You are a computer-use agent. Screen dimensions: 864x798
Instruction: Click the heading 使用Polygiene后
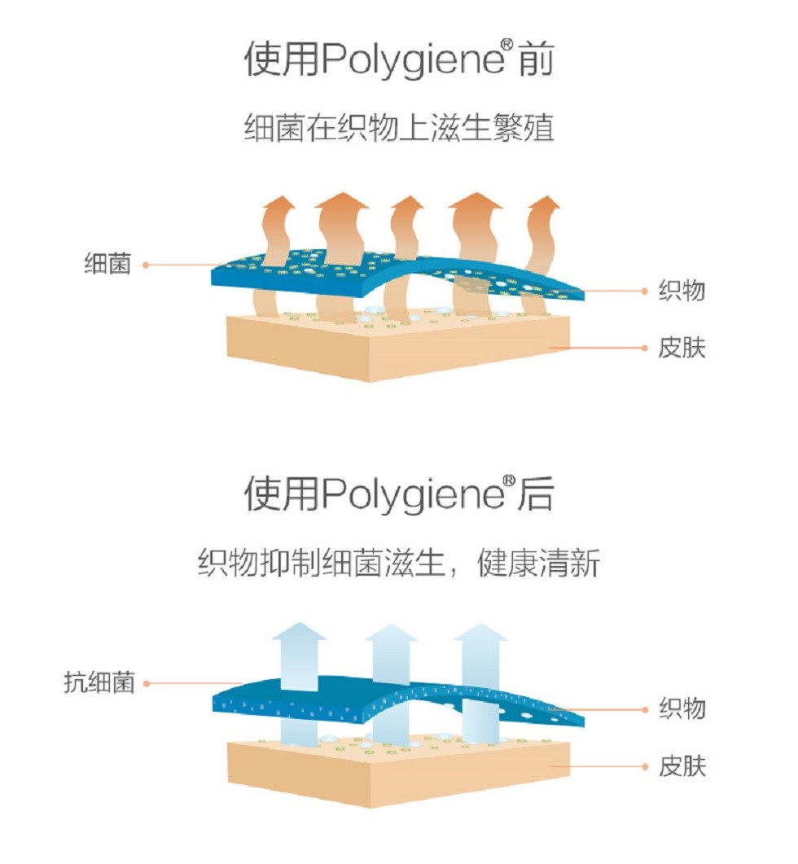tap(398, 493)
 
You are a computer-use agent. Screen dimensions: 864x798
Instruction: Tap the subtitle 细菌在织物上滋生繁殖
tap(398, 129)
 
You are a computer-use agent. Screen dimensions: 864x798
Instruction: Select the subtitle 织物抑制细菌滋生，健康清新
tap(398, 562)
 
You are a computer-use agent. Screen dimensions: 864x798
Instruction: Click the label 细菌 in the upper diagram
tap(107, 264)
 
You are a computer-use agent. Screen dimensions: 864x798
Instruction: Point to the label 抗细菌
tap(99, 682)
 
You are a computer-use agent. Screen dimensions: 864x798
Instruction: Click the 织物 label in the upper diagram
tap(682, 291)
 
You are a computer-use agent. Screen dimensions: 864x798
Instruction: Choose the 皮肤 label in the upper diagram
tap(682, 349)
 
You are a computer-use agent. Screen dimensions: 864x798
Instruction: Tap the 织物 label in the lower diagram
tap(682, 708)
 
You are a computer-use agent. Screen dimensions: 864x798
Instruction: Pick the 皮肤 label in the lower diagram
tap(682, 766)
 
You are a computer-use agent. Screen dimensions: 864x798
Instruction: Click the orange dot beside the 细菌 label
tap(146, 264)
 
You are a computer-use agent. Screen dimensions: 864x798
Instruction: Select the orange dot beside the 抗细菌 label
tap(147, 683)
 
